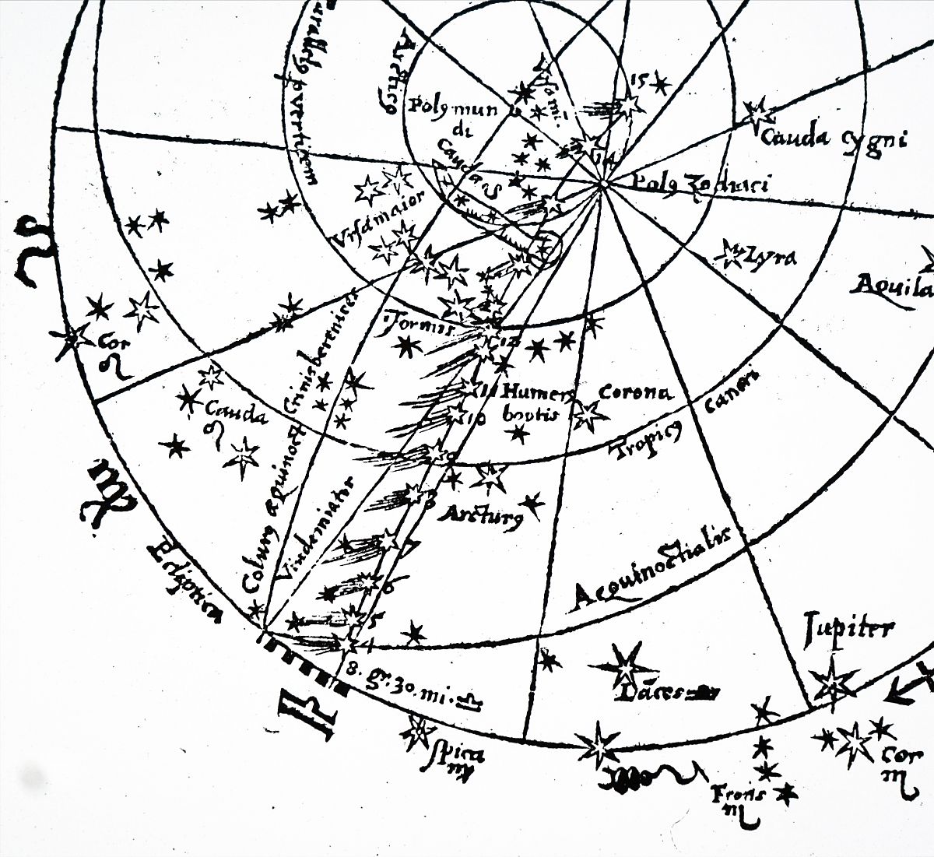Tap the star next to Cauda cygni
tap(757, 115)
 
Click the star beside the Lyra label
tap(733, 251)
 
